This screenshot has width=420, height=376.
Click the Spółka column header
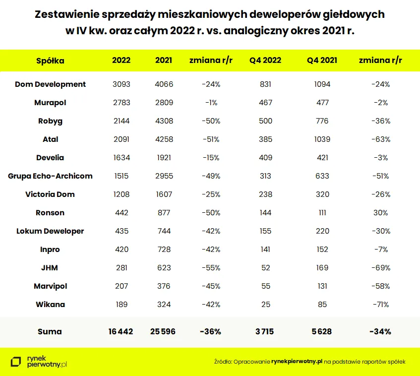pyautogui.click(x=50, y=61)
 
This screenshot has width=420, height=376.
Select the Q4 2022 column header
pyautogui.click(x=265, y=61)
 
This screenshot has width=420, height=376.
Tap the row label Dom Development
pyautogui.click(x=50, y=84)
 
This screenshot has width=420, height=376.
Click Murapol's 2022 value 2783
pyautogui.click(x=121, y=103)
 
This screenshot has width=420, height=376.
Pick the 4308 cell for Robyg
pyautogui.click(x=164, y=121)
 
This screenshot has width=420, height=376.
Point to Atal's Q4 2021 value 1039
pyautogui.click(x=322, y=139)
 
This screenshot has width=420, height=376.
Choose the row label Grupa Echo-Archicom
pyautogui.click(x=50, y=176)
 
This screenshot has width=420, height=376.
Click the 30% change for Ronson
pyautogui.click(x=380, y=213)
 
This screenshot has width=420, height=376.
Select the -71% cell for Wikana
pyautogui.click(x=380, y=305)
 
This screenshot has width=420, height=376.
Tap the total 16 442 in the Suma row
pyautogui.click(x=121, y=331)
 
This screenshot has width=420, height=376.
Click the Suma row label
pyautogui.click(x=50, y=331)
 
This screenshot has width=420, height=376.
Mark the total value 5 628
pyautogui.click(x=322, y=331)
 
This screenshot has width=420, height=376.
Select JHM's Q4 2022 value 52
pyautogui.click(x=265, y=268)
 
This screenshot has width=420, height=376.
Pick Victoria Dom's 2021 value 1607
pyautogui.click(x=164, y=194)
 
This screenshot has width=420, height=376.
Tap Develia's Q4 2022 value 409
pyautogui.click(x=265, y=158)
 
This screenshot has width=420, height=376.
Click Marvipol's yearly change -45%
pyautogui.click(x=211, y=286)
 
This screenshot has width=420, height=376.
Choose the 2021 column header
pyautogui.click(x=164, y=61)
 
